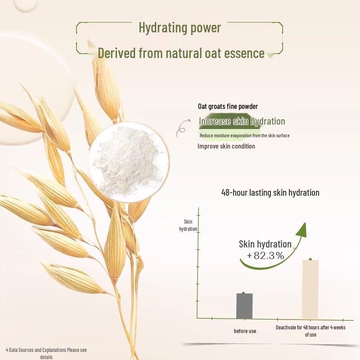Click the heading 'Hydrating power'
point(180,28)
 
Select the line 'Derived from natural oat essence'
point(181,53)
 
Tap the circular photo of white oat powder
point(129,162)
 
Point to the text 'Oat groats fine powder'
point(228,106)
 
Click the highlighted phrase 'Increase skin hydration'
point(242,121)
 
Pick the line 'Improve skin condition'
point(226,146)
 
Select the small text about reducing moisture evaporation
point(244,135)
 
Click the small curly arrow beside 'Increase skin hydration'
point(183,128)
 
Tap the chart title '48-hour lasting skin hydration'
point(270,193)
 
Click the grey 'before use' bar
point(244,306)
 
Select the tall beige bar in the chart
point(310,289)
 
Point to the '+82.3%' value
point(265,256)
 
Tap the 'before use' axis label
point(245,331)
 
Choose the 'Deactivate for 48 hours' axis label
point(310,331)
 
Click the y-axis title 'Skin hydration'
point(188,225)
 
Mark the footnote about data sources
point(46,353)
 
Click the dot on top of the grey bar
point(243,293)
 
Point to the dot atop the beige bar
point(310,259)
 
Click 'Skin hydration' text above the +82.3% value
point(265,244)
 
